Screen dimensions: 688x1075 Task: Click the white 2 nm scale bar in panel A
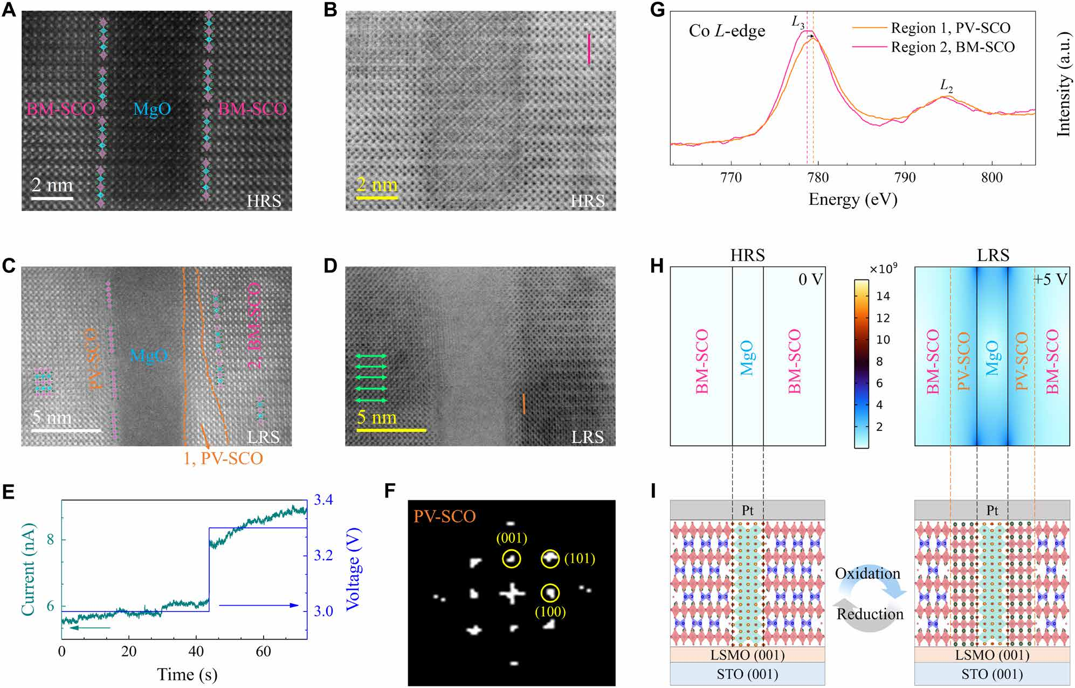(52, 198)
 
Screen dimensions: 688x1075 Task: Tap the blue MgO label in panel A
(152, 109)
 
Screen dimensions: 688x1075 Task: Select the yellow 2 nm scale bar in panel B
(377, 198)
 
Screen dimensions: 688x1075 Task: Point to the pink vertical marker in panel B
(589, 49)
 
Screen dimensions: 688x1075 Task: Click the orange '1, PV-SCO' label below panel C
(223, 459)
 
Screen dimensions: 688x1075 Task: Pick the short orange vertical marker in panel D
(523, 404)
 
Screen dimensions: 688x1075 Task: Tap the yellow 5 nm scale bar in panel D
(391, 430)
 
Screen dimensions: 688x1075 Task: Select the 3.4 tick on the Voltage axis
(323, 500)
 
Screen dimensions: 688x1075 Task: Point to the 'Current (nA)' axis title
(28, 569)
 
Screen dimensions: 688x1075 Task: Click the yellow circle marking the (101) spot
(550, 559)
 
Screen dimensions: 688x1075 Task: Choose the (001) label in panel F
(512, 538)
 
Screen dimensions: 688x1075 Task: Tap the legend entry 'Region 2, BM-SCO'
(952, 47)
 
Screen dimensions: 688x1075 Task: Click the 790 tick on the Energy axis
(905, 178)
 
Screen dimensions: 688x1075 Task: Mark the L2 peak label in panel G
(946, 85)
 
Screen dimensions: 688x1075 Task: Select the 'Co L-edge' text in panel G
(727, 31)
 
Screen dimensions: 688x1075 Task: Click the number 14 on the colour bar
(883, 296)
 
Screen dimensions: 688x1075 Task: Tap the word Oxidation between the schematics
(867, 574)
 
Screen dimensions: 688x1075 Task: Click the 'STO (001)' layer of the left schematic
(747, 674)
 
